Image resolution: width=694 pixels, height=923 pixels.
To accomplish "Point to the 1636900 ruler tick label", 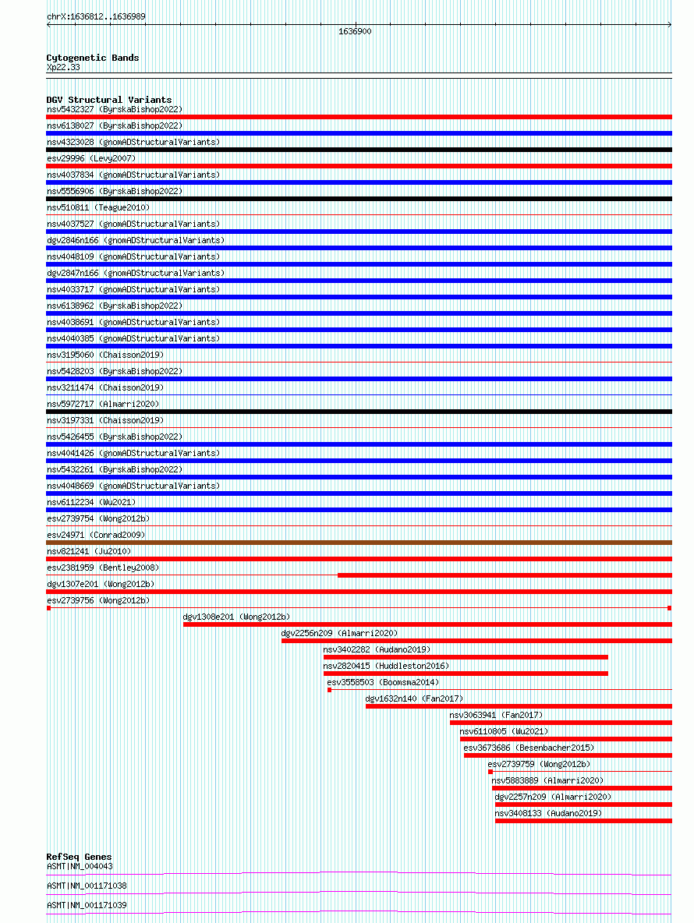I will pyautogui.click(x=355, y=32).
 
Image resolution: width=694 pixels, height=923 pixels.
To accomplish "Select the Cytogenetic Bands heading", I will pyautogui.click(x=92, y=58).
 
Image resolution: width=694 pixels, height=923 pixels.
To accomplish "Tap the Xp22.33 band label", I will pyautogui.click(x=62, y=67).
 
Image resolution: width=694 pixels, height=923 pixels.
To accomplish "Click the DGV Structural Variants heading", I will pyautogui.click(x=108, y=100).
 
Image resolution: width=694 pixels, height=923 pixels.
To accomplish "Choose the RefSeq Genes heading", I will pyautogui.click(x=79, y=857).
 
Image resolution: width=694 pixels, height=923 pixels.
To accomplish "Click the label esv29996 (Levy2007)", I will pyautogui.click(x=90, y=158).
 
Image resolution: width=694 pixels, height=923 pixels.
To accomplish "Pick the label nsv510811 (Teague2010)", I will pyautogui.click(x=97, y=207).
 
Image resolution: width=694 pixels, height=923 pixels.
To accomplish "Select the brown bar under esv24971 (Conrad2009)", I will pyautogui.click(x=359, y=543).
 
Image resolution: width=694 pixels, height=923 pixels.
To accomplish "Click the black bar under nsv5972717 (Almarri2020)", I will pyautogui.click(x=359, y=412).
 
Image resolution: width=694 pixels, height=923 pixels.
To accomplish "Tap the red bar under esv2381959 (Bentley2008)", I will pyautogui.click(x=505, y=575).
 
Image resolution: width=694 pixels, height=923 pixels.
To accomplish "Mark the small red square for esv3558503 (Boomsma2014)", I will pyautogui.click(x=329, y=690).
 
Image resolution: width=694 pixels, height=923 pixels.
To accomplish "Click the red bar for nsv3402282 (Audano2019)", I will pyautogui.click(x=466, y=657).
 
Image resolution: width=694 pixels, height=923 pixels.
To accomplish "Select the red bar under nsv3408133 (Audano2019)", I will pyautogui.click(x=582, y=821).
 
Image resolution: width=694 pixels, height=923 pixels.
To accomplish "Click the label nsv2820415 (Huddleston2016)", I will pyautogui.click(x=385, y=666).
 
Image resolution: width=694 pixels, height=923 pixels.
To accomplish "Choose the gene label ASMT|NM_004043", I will pyautogui.click(x=80, y=866).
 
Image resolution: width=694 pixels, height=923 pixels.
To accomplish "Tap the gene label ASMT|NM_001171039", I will pyautogui.click(x=86, y=905).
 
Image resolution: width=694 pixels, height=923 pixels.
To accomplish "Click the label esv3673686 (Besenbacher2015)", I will pyautogui.click(x=528, y=748).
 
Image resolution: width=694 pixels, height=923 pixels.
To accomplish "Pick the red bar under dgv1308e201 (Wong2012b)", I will pyautogui.click(x=427, y=624).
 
